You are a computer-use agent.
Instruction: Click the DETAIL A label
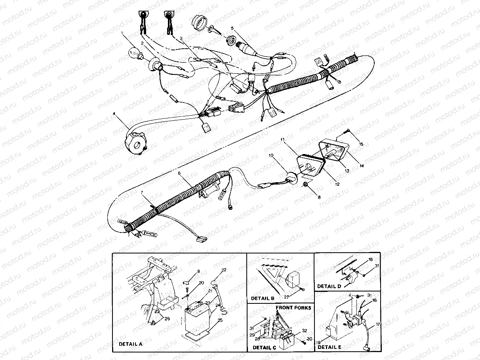pyautogui.click(x=130, y=344)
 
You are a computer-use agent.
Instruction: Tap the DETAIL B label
pyautogui.click(x=263, y=298)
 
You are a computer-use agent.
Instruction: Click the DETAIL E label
pyautogui.click(x=329, y=347)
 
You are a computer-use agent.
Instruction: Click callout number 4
pyautogui.click(x=114, y=114)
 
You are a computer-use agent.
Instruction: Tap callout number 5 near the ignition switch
pyautogui.click(x=232, y=28)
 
